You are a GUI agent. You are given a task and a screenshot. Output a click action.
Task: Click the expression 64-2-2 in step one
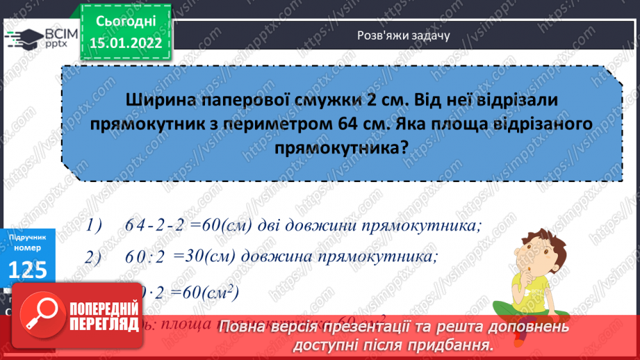click(158, 226)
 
